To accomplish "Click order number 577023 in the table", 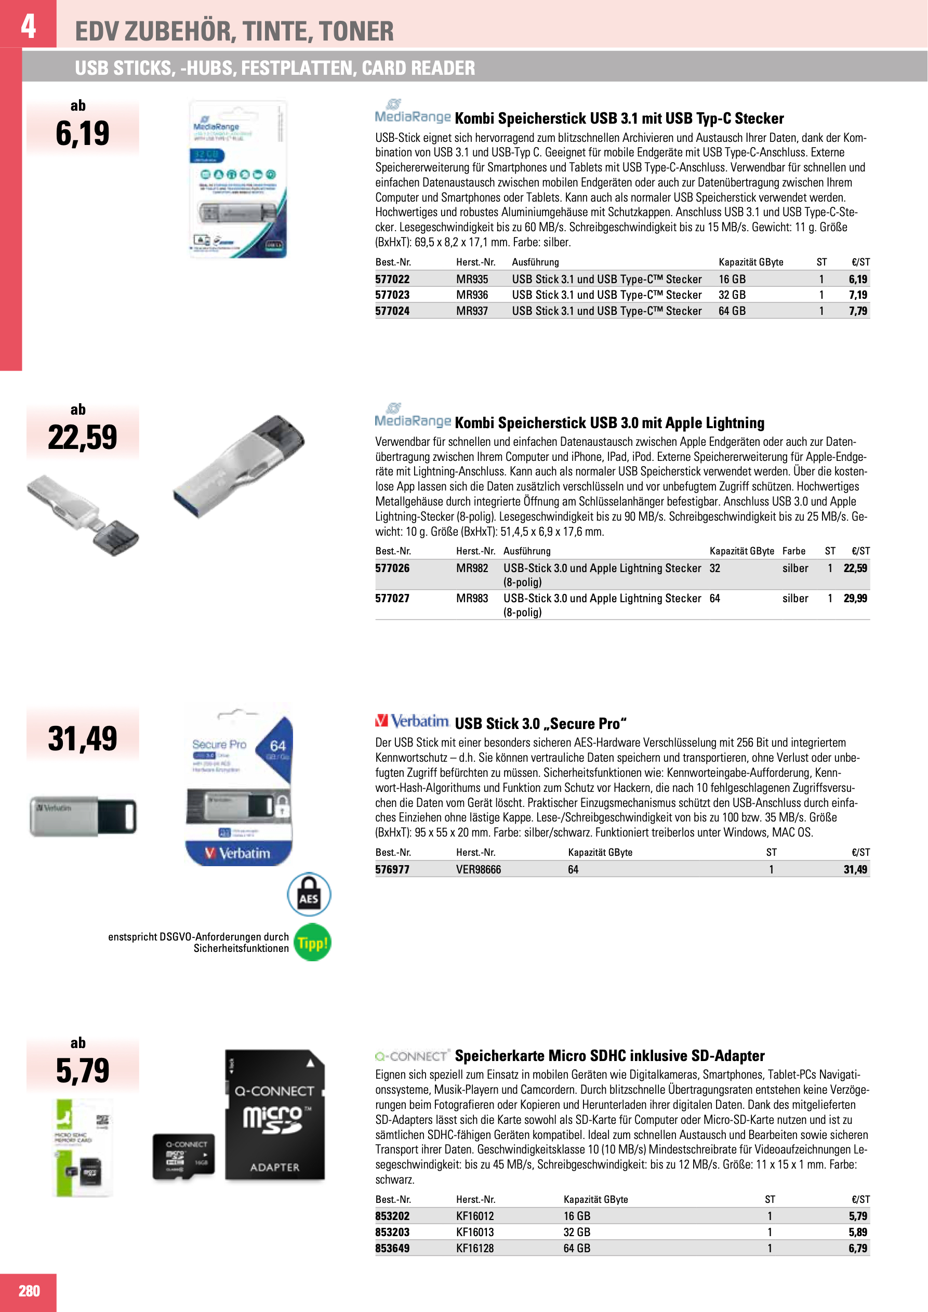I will pyautogui.click(x=392, y=295).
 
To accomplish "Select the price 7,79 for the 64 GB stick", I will pyautogui.click(x=857, y=311).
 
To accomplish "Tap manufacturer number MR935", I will pyautogui.click(x=471, y=280).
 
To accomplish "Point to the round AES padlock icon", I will pyautogui.click(x=309, y=894).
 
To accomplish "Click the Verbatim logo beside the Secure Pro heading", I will pyautogui.click(x=412, y=722).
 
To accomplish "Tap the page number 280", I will pyautogui.click(x=29, y=1291).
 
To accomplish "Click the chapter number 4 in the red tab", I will pyautogui.click(x=28, y=25).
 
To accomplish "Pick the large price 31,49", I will pyautogui.click(x=82, y=738).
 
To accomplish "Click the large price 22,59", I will pyautogui.click(x=82, y=437).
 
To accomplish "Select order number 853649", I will pyautogui.click(x=392, y=1248).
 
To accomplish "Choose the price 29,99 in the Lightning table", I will pyautogui.click(x=855, y=598).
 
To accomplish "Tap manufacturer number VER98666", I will pyautogui.click(x=478, y=869).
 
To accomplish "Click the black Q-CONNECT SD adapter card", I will pyautogui.click(x=275, y=1115).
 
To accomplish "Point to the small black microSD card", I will pyautogui.click(x=183, y=1157).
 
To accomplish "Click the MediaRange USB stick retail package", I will pyautogui.click(x=237, y=179).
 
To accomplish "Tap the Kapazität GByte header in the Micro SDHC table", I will pyautogui.click(x=595, y=1199).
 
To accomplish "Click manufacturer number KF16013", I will pyautogui.click(x=475, y=1232).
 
